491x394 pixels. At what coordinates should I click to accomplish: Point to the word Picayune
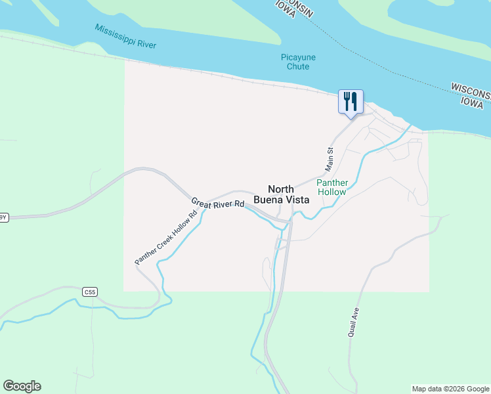pyautogui.click(x=298, y=57)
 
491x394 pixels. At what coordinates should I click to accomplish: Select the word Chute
pyautogui.click(x=298, y=66)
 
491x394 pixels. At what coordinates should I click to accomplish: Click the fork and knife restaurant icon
pyautogui.click(x=350, y=101)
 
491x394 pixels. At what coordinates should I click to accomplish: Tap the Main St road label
pyautogui.click(x=330, y=160)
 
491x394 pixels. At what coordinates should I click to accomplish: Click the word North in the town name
pyautogui.click(x=281, y=189)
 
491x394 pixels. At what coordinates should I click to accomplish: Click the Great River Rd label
pyautogui.click(x=218, y=204)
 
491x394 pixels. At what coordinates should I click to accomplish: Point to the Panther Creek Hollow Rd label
pyautogui.click(x=166, y=238)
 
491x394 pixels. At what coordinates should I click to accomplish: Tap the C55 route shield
pyautogui.click(x=90, y=291)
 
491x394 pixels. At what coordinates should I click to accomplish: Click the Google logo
pyautogui.click(x=22, y=386)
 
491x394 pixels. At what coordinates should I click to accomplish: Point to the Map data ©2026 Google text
pyautogui.click(x=450, y=389)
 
